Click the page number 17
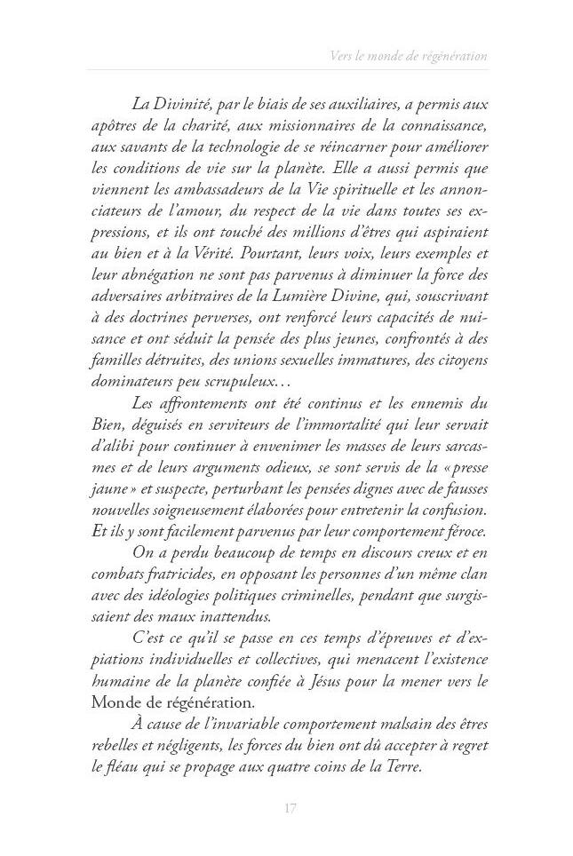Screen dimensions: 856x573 [289, 807]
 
